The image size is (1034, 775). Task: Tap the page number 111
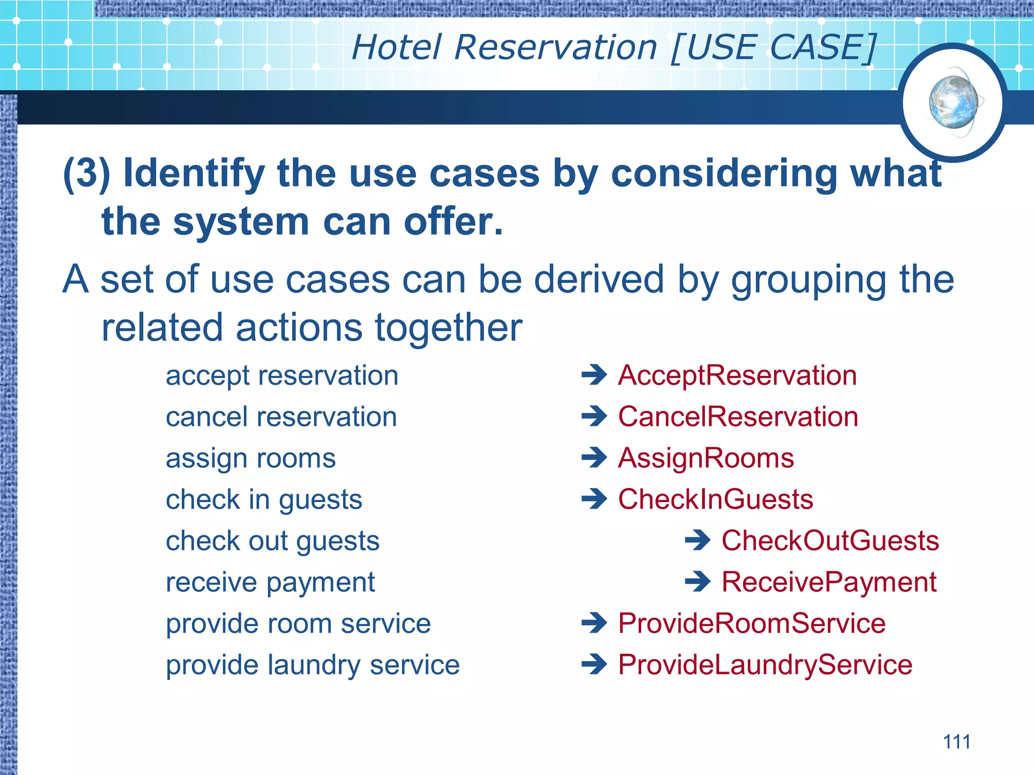pyautogui.click(x=956, y=742)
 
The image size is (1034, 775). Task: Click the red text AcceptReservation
pyautogui.click(x=737, y=375)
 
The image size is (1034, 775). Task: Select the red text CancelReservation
pyautogui.click(x=738, y=417)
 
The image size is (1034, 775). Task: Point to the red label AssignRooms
pyautogui.click(x=706, y=458)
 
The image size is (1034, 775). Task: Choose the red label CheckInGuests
pyautogui.click(x=715, y=500)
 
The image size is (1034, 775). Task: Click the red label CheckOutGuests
pyautogui.click(x=830, y=541)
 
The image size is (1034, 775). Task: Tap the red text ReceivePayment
pyautogui.click(x=829, y=582)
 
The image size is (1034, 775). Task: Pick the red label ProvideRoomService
pyautogui.click(x=752, y=624)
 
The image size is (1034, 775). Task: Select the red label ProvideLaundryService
pyautogui.click(x=765, y=665)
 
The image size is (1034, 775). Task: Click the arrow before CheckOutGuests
pyautogui.click(x=698, y=541)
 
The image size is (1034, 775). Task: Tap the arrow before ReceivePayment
pyautogui.click(x=698, y=582)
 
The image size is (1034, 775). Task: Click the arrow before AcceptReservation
pyautogui.click(x=594, y=375)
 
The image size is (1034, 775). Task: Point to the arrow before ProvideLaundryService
pyautogui.click(x=594, y=665)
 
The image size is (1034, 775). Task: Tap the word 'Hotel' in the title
pyautogui.click(x=396, y=47)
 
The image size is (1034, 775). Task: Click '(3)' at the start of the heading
pyautogui.click(x=86, y=174)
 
